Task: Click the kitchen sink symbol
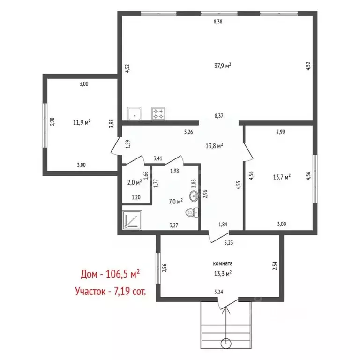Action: click(x=135, y=113)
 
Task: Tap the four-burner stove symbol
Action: click(x=158, y=113)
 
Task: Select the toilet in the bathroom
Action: click(x=192, y=212)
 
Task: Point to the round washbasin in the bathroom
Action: click(x=194, y=196)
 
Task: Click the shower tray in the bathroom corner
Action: click(x=132, y=220)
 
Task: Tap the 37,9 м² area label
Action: click(x=223, y=66)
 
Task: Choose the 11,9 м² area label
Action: click(x=82, y=122)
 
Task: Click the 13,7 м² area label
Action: click(x=282, y=177)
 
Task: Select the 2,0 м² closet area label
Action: click(x=135, y=182)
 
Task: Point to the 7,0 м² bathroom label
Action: click(x=176, y=202)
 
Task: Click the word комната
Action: click(x=223, y=263)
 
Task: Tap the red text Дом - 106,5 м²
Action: click(x=110, y=274)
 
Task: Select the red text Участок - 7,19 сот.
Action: click(x=111, y=291)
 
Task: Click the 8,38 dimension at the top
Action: click(x=218, y=22)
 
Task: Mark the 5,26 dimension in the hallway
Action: click(x=188, y=132)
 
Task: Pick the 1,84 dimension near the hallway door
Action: click(x=223, y=225)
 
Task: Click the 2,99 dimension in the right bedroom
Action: click(x=281, y=132)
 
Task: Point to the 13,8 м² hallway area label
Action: click(x=214, y=146)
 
